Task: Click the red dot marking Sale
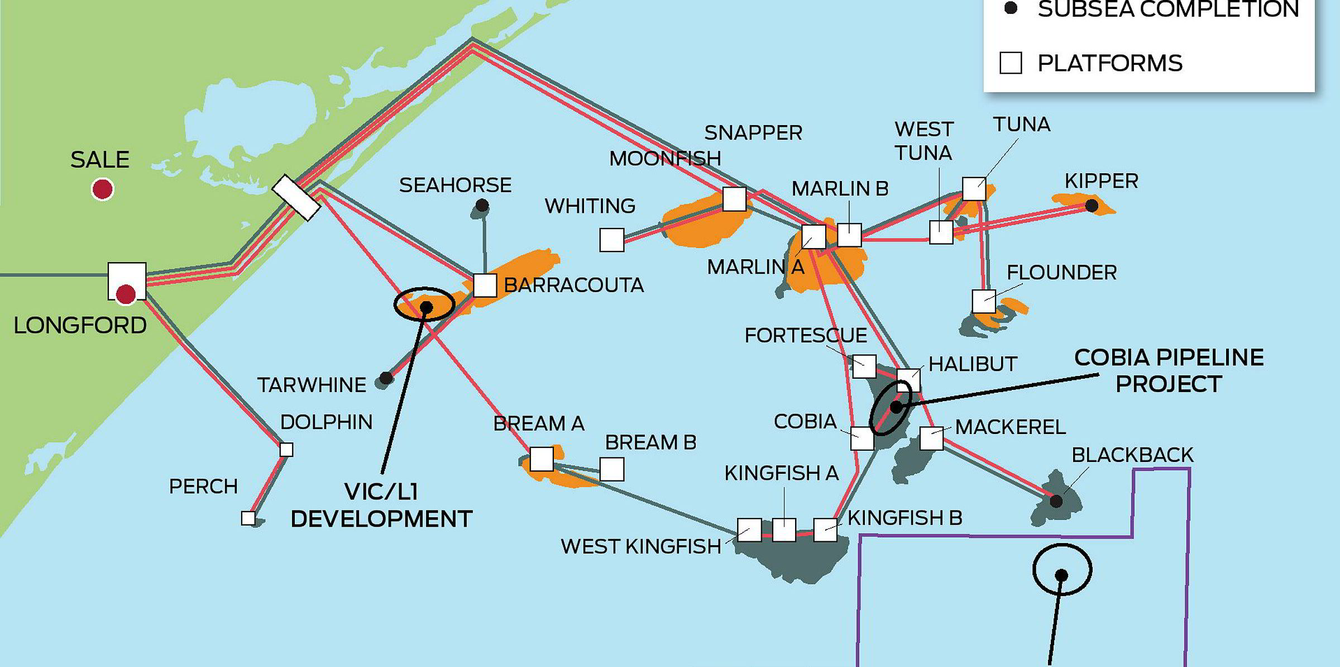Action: click(x=102, y=189)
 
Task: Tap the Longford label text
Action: click(x=80, y=325)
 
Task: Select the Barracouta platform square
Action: click(x=485, y=285)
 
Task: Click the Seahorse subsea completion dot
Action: click(x=482, y=206)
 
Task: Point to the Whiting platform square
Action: click(x=611, y=240)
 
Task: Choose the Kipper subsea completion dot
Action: click(x=1092, y=206)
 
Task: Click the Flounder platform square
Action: click(x=983, y=302)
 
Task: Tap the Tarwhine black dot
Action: click(x=385, y=378)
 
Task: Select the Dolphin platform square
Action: click(x=286, y=449)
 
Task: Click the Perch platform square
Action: click(x=248, y=518)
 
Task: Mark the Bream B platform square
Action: click(x=611, y=469)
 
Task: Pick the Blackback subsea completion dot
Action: click(x=1056, y=501)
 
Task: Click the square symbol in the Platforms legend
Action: click(x=1011, y=63)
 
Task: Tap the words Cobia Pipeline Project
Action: click(x=1169, y=370)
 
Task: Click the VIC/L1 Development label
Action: click(x=381, y=506)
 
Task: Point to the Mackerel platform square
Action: click(x=931, y=439)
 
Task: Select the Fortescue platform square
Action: click(x=864, y=366)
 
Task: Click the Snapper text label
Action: click(x=753, y=133)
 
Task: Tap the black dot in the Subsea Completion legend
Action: click(x=1011, y=8)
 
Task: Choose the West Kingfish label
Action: click(x=640, y=546)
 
